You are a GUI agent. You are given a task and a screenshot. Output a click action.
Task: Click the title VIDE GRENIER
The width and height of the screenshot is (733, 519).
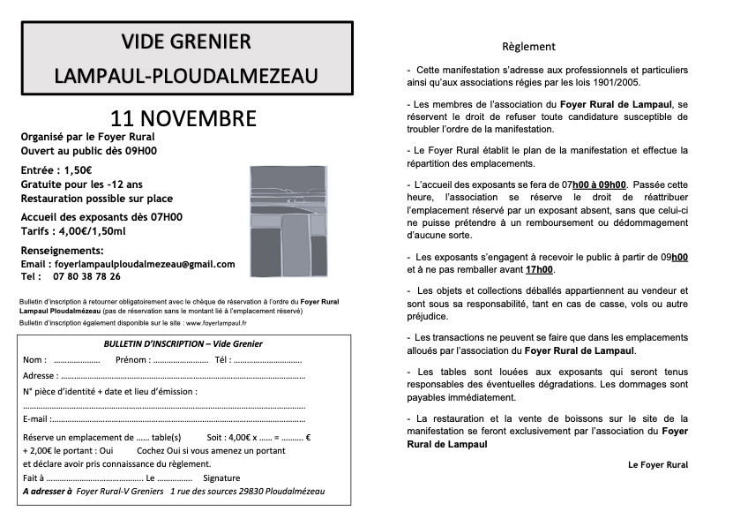point(186,42)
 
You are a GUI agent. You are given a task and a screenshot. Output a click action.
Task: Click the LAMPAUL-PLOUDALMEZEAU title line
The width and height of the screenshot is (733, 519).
point(186,77)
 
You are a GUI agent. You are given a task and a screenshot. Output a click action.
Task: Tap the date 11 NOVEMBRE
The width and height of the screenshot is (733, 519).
point(183,118)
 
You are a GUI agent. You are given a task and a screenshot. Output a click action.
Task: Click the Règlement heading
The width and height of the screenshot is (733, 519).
point(528,47)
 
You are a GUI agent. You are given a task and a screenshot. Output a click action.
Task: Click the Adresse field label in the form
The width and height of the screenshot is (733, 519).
point(39,375)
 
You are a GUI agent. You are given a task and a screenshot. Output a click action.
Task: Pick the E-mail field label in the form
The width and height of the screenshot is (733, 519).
point(36,418)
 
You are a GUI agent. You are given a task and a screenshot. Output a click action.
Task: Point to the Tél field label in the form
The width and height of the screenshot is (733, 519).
point(221,360)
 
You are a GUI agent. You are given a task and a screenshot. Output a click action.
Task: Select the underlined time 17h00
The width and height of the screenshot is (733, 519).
point(540,269)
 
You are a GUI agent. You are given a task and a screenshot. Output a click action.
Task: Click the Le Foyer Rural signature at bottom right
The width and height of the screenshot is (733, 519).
point(657,464)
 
